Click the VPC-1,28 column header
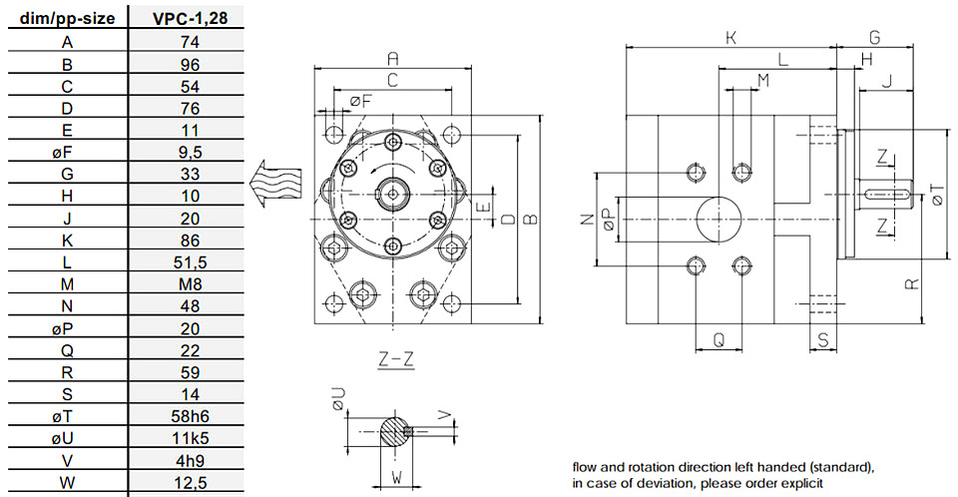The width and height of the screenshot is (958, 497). click(x=190, y=18)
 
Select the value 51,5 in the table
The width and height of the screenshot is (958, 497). click(x=190, y=262)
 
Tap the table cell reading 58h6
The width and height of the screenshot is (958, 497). click(x=190, y=416)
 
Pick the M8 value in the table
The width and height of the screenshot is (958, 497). click(x=190, y=284)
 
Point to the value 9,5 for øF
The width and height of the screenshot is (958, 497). click(x=190, y=153)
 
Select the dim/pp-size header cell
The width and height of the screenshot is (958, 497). click(x=67, y=18)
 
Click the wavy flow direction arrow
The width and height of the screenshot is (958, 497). click(x=276, y=184)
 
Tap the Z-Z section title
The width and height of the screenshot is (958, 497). click(x=395, y=359)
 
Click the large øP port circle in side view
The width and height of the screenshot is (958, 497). click(x=718, y=220)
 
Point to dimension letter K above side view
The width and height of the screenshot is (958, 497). click(x=730, y=38)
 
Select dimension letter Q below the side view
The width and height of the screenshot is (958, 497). click(x=719, y=339)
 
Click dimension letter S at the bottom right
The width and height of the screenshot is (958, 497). click(x=823, y=340)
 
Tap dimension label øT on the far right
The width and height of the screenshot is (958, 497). click(x=938, y=195)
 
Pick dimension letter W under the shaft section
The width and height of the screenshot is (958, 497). click(x=396, y=477)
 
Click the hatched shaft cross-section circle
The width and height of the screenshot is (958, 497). click(x=395, y=431)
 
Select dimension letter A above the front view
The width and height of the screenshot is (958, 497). click(x=393, y=58)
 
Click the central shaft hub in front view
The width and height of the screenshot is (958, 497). click(x=393, y=195)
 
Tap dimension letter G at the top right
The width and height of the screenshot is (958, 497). click(x=874, y=38)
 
